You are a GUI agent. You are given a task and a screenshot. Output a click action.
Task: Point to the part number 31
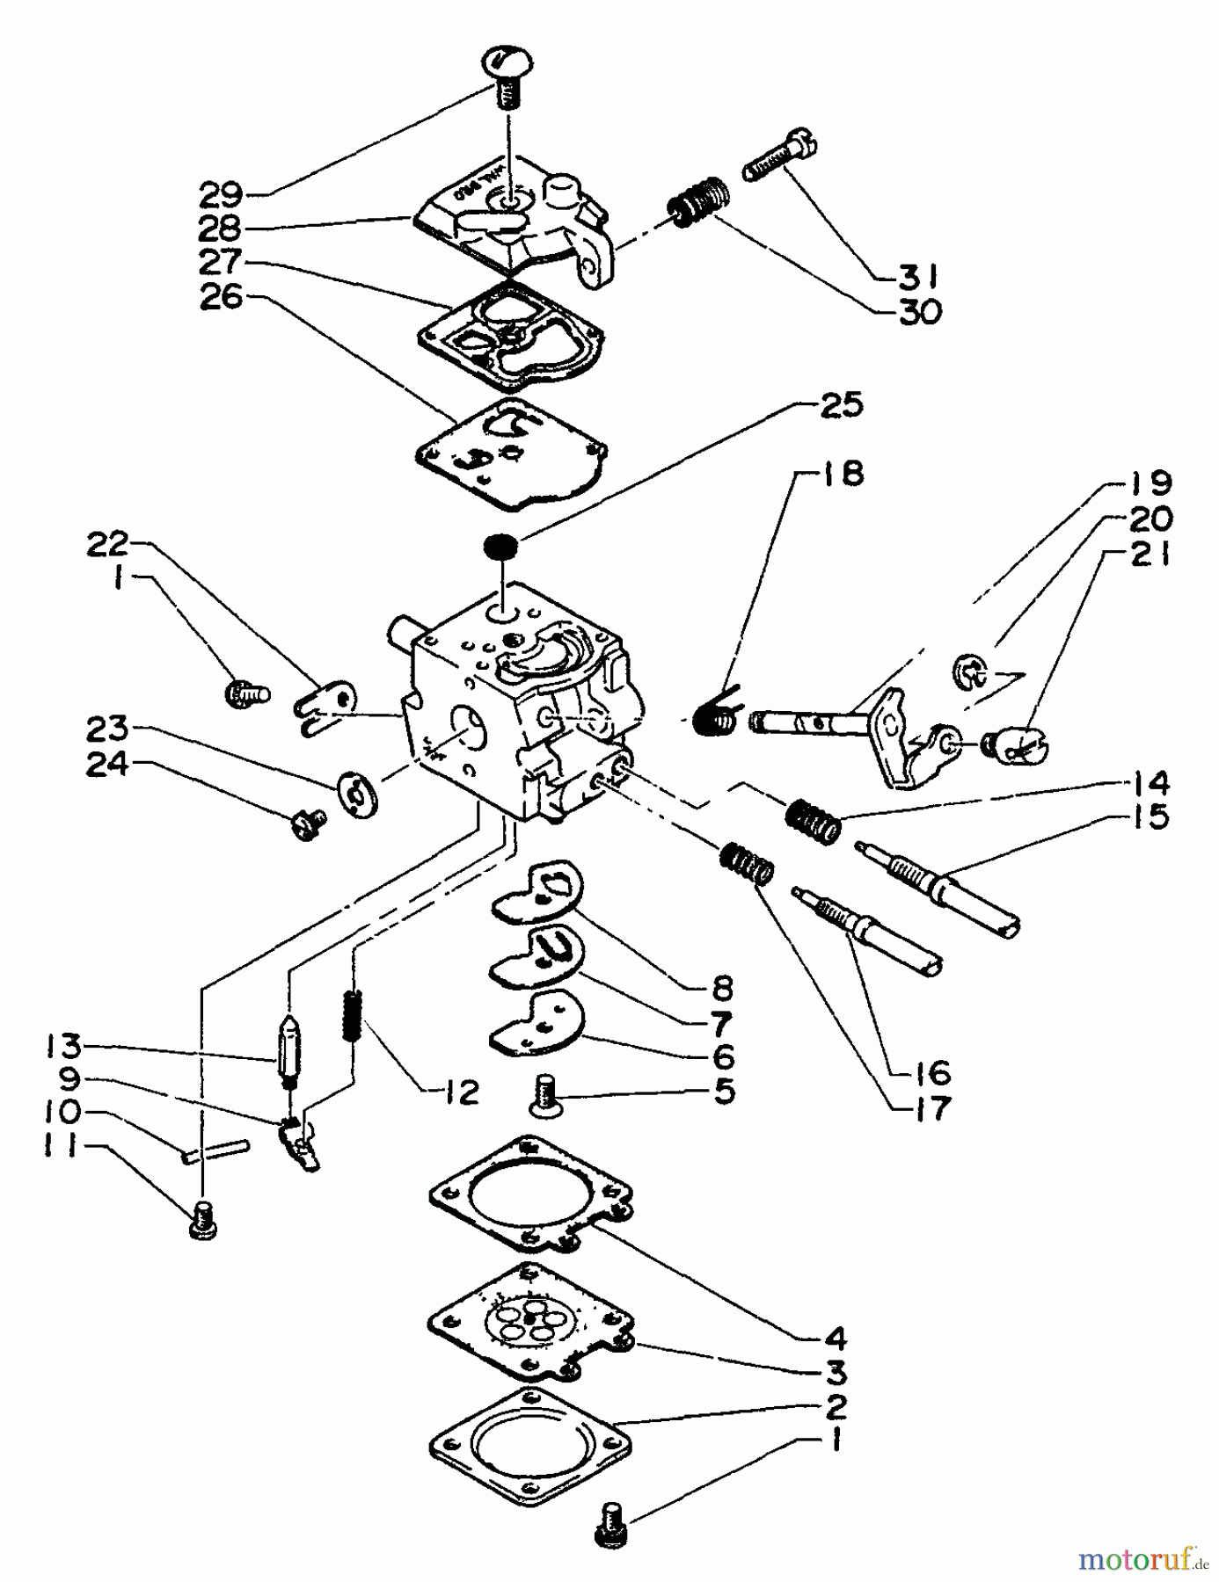(x=917, y=277)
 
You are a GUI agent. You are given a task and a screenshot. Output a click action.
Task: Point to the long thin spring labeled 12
(x=353, y=1015)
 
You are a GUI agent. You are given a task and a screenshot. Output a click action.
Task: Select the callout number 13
(x=64, y=1046)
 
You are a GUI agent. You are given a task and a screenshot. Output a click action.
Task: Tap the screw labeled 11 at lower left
(x=202, y=1221)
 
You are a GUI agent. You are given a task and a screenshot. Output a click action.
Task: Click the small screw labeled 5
(x=545, y=1096)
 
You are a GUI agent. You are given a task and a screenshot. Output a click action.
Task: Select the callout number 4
(x=834, y=1339)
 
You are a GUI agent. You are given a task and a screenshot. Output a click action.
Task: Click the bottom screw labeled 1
(x=610, y=1523)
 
